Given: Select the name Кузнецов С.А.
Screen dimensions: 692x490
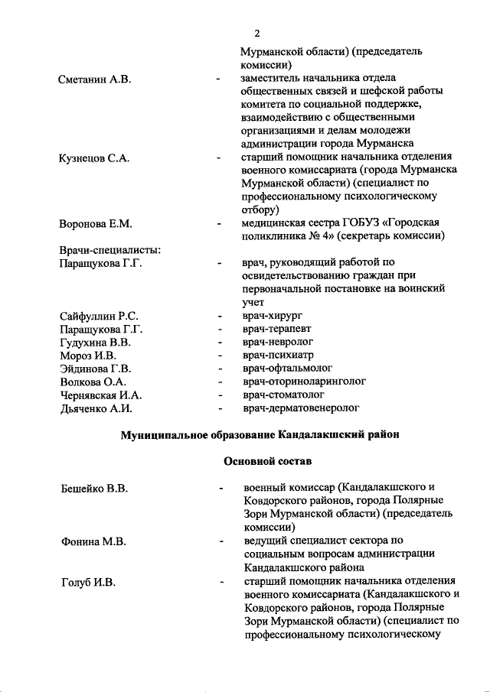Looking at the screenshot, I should tap(94, 158).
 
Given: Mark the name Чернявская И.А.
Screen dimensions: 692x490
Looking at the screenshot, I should tap(101, 395).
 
